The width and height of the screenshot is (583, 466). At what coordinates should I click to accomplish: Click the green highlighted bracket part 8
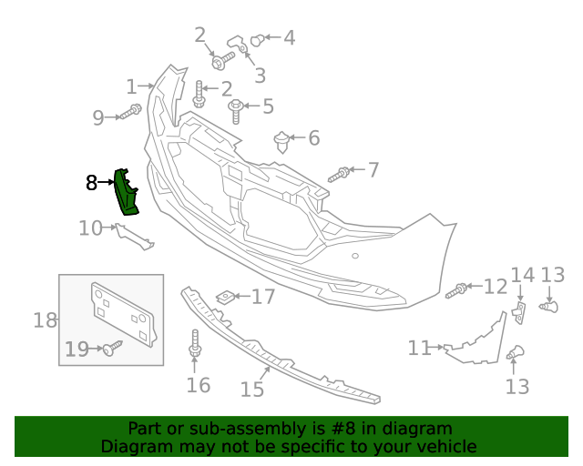[x=126, y=193]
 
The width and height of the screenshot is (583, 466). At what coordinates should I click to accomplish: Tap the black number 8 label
[x=91, y=183]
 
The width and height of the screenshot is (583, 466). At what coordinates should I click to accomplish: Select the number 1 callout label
[x=131, y=87]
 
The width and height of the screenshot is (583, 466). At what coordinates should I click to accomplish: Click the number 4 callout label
[x=289, y=38]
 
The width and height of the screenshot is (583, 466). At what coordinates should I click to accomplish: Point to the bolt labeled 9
[x=129, y=113]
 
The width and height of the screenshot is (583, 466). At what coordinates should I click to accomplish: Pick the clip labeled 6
[x=282, y=141]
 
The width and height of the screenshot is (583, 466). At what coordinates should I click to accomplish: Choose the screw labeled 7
[x=340, y=173]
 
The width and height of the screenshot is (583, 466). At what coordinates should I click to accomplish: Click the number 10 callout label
[x=90, y=228]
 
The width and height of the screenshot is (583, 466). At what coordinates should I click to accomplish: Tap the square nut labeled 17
[x=224, y=297]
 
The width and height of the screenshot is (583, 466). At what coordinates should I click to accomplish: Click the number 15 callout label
[x=252, y=389]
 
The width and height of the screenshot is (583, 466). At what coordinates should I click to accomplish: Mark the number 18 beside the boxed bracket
[x=46, y=319]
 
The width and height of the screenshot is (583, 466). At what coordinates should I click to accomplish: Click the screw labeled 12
[x=457, y=290]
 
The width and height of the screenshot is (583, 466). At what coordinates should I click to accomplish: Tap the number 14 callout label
[x=523, y=275]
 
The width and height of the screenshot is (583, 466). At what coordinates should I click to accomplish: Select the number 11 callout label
[x=419, y=348]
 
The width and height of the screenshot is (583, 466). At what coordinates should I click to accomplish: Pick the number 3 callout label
[x=260, y=76]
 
